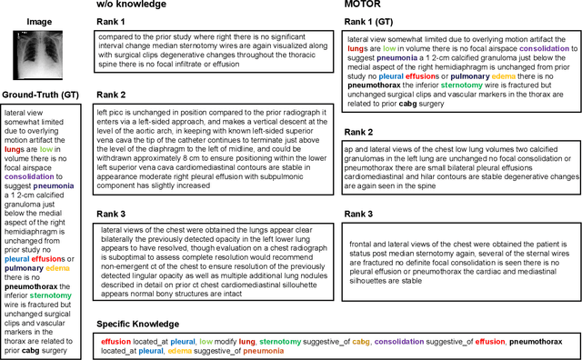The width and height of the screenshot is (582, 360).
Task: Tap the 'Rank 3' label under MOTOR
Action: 358,214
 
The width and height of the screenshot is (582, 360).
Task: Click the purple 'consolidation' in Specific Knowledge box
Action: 376,341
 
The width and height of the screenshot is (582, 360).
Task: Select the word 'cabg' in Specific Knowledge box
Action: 336,341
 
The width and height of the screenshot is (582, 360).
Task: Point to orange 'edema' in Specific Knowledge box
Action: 179,351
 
